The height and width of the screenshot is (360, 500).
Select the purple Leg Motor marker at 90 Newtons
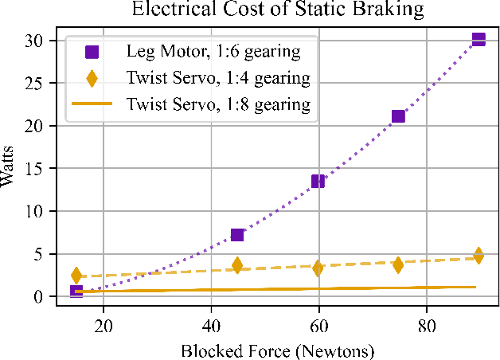point(479,39)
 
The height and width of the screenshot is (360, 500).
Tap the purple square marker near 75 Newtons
point(398,116)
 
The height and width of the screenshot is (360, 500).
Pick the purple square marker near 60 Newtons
point(318,181)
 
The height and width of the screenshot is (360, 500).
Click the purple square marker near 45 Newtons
point(237,234)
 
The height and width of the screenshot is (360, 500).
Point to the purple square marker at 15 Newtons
point(76,292)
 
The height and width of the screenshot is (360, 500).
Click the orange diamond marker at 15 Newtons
point(76,276)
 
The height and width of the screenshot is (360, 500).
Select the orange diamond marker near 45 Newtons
point(237,265)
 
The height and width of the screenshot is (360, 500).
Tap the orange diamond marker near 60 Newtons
point(318,268)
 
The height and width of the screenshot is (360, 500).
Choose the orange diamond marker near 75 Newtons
point(398,264)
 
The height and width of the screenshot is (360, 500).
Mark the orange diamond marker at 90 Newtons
point(479,256)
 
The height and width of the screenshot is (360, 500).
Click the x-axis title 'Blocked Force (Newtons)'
point(277,350)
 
